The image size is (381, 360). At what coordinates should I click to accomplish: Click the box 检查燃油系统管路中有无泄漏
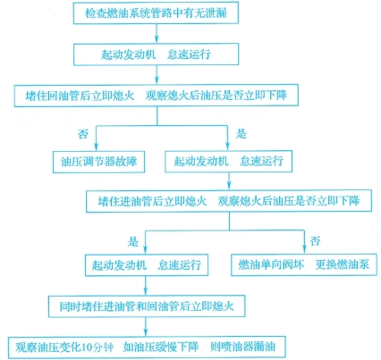[156, 13]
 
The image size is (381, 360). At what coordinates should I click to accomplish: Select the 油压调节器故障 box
[98, 162]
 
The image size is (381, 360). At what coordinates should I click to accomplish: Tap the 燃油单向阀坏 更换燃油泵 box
[304, 264]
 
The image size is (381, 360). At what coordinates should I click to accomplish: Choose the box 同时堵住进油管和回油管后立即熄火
[147, 306]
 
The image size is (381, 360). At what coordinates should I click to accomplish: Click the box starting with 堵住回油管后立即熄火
[157, 96]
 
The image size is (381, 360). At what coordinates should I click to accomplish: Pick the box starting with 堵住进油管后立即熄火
[229, 201]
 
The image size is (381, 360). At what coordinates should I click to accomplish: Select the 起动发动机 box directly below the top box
[156, 54]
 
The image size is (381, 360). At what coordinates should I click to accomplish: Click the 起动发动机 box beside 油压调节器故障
[229, 161]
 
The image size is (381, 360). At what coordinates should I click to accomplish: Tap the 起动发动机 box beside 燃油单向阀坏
[147, 264]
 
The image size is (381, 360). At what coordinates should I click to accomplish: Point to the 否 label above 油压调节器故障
[83, 134]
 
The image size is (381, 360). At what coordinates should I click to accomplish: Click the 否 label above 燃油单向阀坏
[315, 241]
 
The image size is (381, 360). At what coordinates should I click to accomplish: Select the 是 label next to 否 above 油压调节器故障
[241, 134]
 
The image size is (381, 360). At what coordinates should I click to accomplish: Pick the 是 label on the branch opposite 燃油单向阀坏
[133, 241]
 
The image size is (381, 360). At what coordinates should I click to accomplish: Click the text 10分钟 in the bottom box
[97, 347]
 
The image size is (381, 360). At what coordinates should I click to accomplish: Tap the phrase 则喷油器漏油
[242, 347]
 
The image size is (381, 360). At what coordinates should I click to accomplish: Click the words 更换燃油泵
[343, 264]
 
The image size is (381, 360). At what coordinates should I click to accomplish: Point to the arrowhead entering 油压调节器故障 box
[96, 147]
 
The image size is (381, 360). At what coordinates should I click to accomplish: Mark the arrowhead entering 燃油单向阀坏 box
[304, 249]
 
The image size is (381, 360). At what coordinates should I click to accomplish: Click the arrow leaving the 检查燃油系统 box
[157, 33]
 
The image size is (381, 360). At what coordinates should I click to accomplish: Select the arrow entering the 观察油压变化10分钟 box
[146, 327]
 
